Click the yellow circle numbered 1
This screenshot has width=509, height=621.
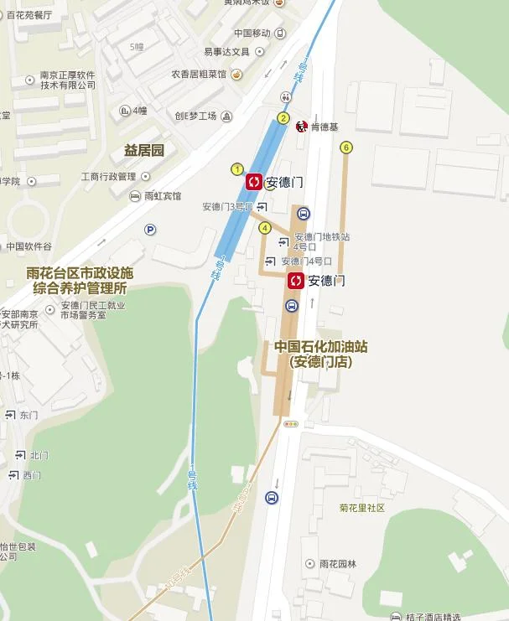click(237, 169)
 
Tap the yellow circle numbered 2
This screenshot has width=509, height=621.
click(283, 118)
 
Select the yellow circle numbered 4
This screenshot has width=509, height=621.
click(265, 227)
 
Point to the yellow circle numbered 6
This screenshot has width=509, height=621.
click(345, 148)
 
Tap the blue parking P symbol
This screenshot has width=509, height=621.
click(150, 230)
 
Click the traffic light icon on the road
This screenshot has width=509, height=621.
click(291, 424)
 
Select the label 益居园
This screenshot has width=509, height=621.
click(143, 151)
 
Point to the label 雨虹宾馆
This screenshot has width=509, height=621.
click(162, 196)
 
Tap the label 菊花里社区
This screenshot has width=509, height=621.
click(361, 508)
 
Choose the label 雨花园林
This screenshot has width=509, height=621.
click(337, 564)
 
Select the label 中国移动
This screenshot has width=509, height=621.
click(252, 34)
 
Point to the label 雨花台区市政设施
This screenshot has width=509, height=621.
click(80, 273)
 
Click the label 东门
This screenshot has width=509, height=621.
click(29, 415)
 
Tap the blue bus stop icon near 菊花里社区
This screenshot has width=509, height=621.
click(272, 498)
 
